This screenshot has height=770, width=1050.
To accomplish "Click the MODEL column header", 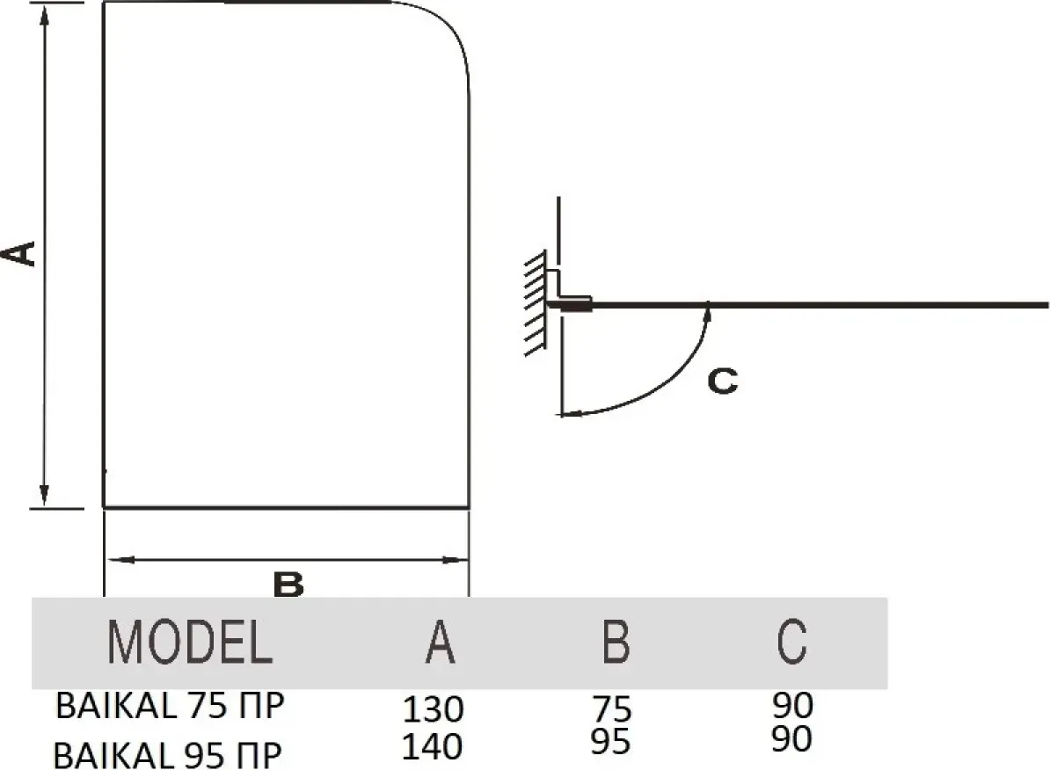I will (189, 643).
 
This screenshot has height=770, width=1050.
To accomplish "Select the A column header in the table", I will (440, 643).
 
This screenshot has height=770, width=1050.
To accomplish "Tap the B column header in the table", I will (616, 643).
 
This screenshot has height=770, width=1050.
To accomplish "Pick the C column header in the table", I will (791, 643).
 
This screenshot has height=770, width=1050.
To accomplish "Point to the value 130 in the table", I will (433, 708).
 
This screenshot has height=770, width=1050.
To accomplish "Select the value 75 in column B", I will (612, 708).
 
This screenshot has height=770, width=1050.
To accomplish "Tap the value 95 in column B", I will (611, 742).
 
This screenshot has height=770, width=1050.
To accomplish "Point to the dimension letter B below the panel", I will (288, 584).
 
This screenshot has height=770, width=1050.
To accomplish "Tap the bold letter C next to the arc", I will (722, 381).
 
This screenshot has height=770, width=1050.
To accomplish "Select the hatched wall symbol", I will (534, 304).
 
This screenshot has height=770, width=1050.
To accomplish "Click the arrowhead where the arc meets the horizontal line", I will (708, 309).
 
